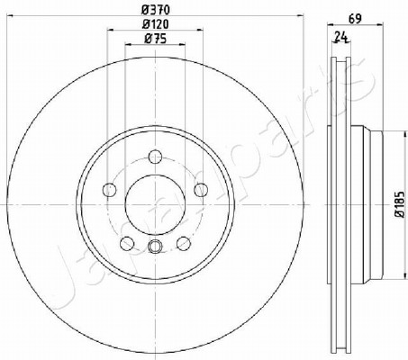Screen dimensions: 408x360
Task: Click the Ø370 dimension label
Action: click(155, 10)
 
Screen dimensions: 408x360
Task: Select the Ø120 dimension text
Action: click(155, 24)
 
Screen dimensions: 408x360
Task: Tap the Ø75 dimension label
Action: click(155, 39)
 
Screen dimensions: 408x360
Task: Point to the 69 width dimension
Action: click(355, 19)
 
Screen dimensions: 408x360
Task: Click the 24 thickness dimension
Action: click(340, 37)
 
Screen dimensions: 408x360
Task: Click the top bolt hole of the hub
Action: click(155, 157)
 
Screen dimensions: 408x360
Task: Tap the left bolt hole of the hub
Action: click(110, 190)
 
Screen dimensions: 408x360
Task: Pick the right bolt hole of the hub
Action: click(201, 190)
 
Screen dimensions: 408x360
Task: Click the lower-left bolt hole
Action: click(127, 243)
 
